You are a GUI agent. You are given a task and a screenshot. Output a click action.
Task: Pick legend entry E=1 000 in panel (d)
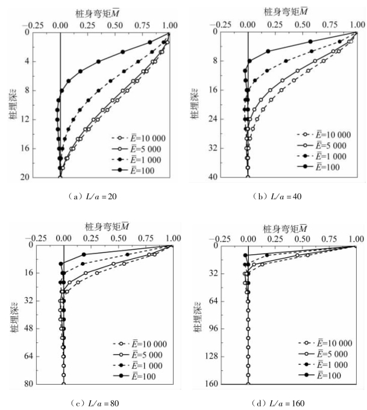328,365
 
